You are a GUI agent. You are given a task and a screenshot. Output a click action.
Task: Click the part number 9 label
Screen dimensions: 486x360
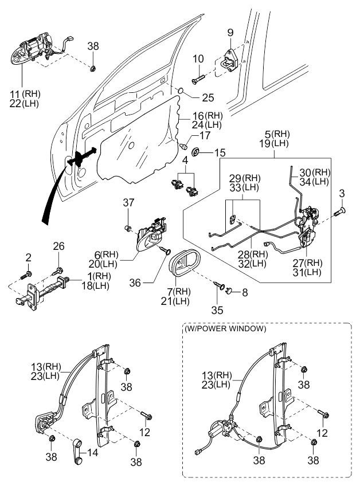[230, 31]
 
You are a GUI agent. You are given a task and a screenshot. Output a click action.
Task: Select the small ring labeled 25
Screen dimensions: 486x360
[180, 91]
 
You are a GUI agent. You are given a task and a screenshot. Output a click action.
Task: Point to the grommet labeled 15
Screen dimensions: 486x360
[196, 152]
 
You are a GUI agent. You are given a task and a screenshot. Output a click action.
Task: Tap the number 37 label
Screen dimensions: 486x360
[130, 202]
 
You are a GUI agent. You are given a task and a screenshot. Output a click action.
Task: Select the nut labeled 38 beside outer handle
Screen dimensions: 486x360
[93, 69]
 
